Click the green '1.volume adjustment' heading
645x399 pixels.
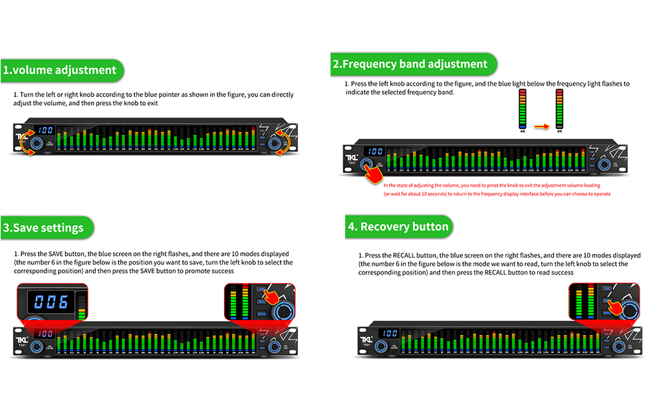coord(60,70)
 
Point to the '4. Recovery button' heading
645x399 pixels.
coord(399,226)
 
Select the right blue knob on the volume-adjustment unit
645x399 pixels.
coord(273,143)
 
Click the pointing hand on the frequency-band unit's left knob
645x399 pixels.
coord(374,173)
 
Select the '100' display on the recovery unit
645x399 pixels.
coord(390,333)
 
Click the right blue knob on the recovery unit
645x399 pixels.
coord(618,346)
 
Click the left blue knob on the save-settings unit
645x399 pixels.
coord(37,346)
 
